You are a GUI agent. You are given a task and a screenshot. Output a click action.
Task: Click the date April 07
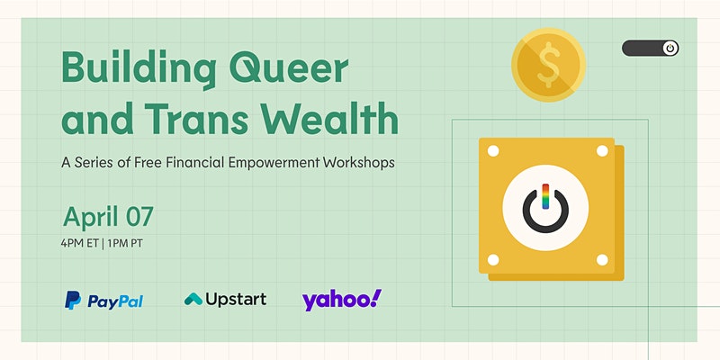pos(108,218)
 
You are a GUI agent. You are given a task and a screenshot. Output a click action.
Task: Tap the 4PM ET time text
pos(79,243)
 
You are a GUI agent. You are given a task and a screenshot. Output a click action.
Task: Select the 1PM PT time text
pos(125,243)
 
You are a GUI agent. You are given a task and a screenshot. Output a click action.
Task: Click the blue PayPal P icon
pos(73,301)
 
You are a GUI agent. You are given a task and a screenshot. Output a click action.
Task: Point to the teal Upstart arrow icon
pos(193,300)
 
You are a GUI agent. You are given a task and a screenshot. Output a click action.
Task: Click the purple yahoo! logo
pos(342,300)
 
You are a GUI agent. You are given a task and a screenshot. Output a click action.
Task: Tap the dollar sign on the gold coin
pos(549,65)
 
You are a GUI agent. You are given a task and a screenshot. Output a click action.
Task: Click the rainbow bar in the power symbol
pos(545,196)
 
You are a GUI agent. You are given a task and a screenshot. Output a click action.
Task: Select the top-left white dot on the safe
pos(493,151)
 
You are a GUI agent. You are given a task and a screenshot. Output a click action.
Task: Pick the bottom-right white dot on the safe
pos(602,260)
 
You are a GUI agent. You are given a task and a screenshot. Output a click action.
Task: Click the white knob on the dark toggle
pos(670,49)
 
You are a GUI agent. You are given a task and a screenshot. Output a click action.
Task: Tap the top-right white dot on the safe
pos(602,150)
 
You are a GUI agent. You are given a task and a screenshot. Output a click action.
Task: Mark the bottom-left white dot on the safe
pos(493,260)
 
